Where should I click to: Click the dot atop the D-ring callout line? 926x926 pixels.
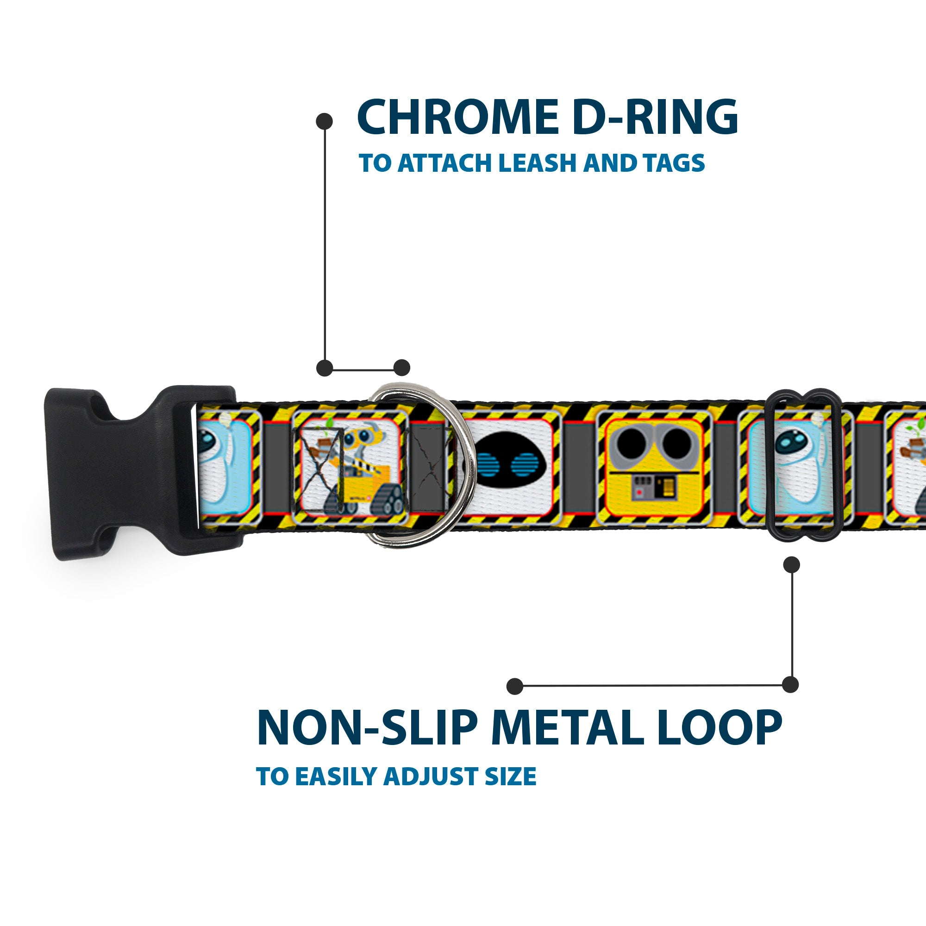click(325, 121)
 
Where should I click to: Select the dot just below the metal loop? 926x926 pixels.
click(791, 564)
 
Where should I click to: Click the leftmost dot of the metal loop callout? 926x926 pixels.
click(515, 686)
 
